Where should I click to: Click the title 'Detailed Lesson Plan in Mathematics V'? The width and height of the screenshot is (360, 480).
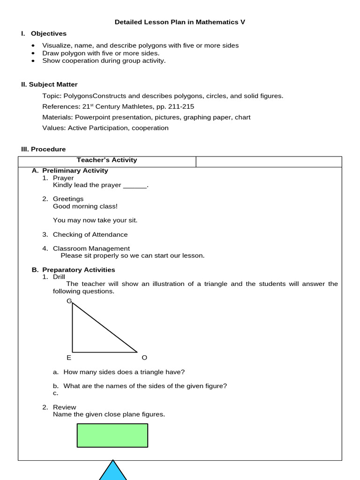coord(180,22)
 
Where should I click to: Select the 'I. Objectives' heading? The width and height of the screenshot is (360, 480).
coord(48,34)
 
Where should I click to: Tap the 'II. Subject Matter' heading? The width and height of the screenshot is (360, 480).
coord(49,84)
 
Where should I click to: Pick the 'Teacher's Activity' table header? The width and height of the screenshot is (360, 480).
coord(107,160)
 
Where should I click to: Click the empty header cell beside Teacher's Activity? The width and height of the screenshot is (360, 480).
coord(269,162)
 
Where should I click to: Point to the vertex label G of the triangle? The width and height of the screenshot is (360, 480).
coord(69,300)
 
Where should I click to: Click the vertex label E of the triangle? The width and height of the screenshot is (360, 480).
coord(69,358)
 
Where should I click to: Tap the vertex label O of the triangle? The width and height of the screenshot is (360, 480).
coord(144,358)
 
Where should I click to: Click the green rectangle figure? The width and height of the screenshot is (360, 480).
coord(112,435)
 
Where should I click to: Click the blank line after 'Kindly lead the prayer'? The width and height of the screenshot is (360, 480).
coord(135,186)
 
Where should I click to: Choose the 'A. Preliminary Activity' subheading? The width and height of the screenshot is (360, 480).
coord(75,171)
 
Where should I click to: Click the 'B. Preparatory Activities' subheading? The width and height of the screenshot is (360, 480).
coord(78,270)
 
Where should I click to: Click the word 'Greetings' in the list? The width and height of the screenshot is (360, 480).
coord(68,199)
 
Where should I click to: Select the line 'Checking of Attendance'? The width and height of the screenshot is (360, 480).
coord(90,235)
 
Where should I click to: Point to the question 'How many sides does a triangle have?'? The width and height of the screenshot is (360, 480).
coord(124,372)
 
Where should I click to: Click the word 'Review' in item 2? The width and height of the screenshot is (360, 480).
coord(64,407)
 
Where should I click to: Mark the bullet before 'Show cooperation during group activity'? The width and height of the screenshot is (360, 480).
coord(33,60)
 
